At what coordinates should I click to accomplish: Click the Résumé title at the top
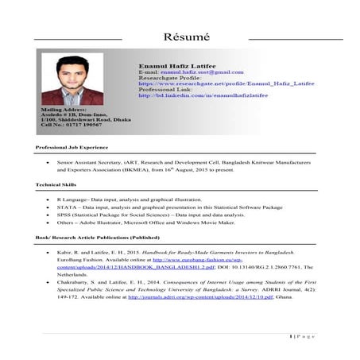185,37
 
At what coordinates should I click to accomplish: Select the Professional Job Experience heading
72,149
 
